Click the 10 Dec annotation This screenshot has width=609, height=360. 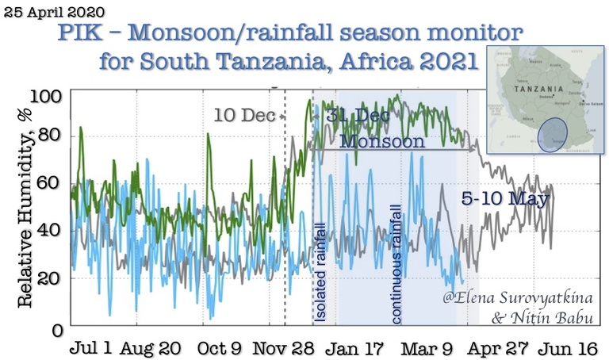click(243, 116)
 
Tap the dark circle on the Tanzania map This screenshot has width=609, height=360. click(553, 133)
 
